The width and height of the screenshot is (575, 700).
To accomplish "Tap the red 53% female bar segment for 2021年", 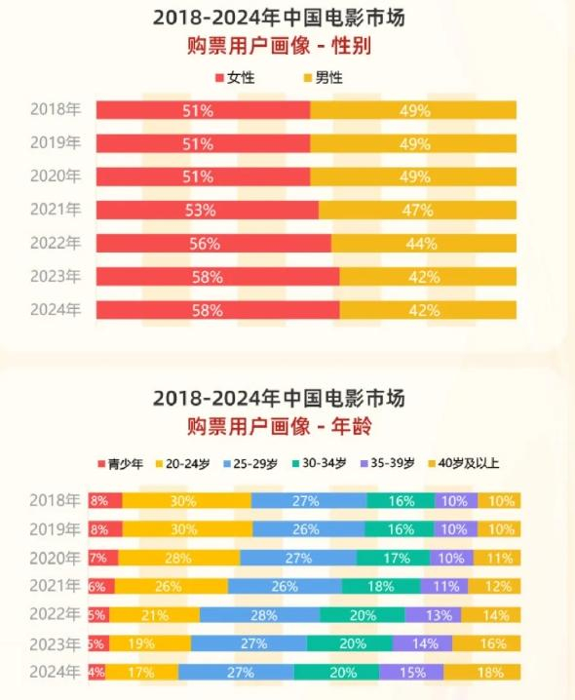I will [x=207, y=210].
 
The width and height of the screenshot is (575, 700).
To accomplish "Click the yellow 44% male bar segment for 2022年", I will [x=423, y=243].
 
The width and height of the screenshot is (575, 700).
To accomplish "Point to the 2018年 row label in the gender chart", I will [x=56, y=110].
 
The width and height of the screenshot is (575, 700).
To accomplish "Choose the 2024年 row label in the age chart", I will [x=56, y=672].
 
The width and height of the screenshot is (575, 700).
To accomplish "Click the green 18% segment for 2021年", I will [x=381, y=586].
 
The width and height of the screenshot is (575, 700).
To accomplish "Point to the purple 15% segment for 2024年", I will [x=411, y=673].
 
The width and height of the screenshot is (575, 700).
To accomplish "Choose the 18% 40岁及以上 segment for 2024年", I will [x=482, y=673].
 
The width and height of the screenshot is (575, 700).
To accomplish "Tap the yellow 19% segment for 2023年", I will [x=149, y=643].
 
